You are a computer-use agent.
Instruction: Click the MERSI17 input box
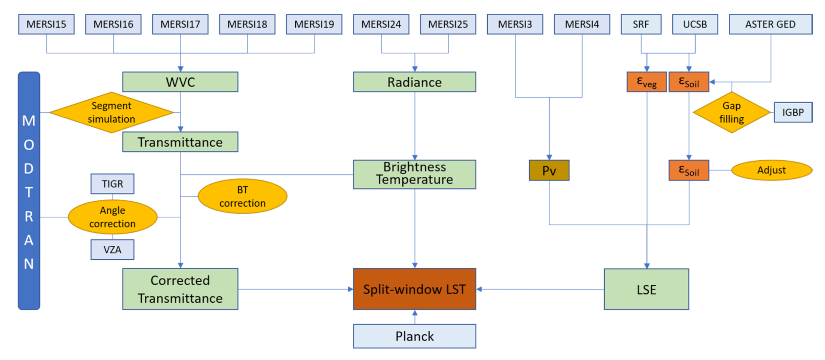point(180,24)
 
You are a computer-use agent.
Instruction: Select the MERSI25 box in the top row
point(448,24)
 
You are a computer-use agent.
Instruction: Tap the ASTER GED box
point(770,24)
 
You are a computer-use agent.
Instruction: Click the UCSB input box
point(695,24)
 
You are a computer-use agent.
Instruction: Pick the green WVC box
point(180,82)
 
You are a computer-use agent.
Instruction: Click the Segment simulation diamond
point(112,112)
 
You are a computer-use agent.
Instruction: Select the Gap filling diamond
point(731,112)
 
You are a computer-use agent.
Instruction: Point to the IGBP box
point(793,112)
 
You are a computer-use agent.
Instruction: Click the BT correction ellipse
point(242,196)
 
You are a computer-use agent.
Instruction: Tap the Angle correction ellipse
point(112,217)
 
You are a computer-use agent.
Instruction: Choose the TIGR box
point(112,184)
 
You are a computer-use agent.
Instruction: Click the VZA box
point(112,250)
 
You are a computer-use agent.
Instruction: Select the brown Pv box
point(549,170)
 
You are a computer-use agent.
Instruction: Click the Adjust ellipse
point(772,170)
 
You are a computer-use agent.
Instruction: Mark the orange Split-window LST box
point(414,289)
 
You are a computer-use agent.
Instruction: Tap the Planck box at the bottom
point(414,336)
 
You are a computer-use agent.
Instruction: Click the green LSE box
point(646,289)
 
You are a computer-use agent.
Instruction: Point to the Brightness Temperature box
point(414,174)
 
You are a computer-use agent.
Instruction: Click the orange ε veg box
point(646,82)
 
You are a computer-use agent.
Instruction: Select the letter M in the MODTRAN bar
point(29,121)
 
